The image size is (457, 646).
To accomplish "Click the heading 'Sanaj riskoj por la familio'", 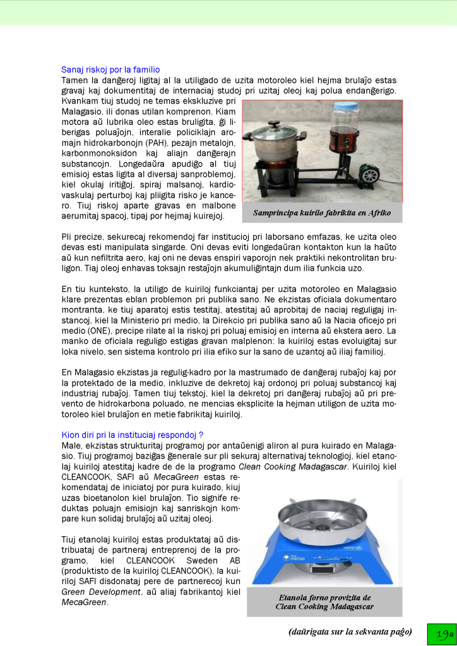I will [110, 69].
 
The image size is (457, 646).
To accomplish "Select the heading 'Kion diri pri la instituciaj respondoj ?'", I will [133, 435].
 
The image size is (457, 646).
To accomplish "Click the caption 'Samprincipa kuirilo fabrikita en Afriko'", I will [322, 213].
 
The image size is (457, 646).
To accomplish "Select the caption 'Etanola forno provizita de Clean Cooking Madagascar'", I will [324, 602].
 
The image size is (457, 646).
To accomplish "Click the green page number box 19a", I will [441, 633].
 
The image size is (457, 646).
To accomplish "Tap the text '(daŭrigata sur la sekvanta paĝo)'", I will [350, 631].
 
